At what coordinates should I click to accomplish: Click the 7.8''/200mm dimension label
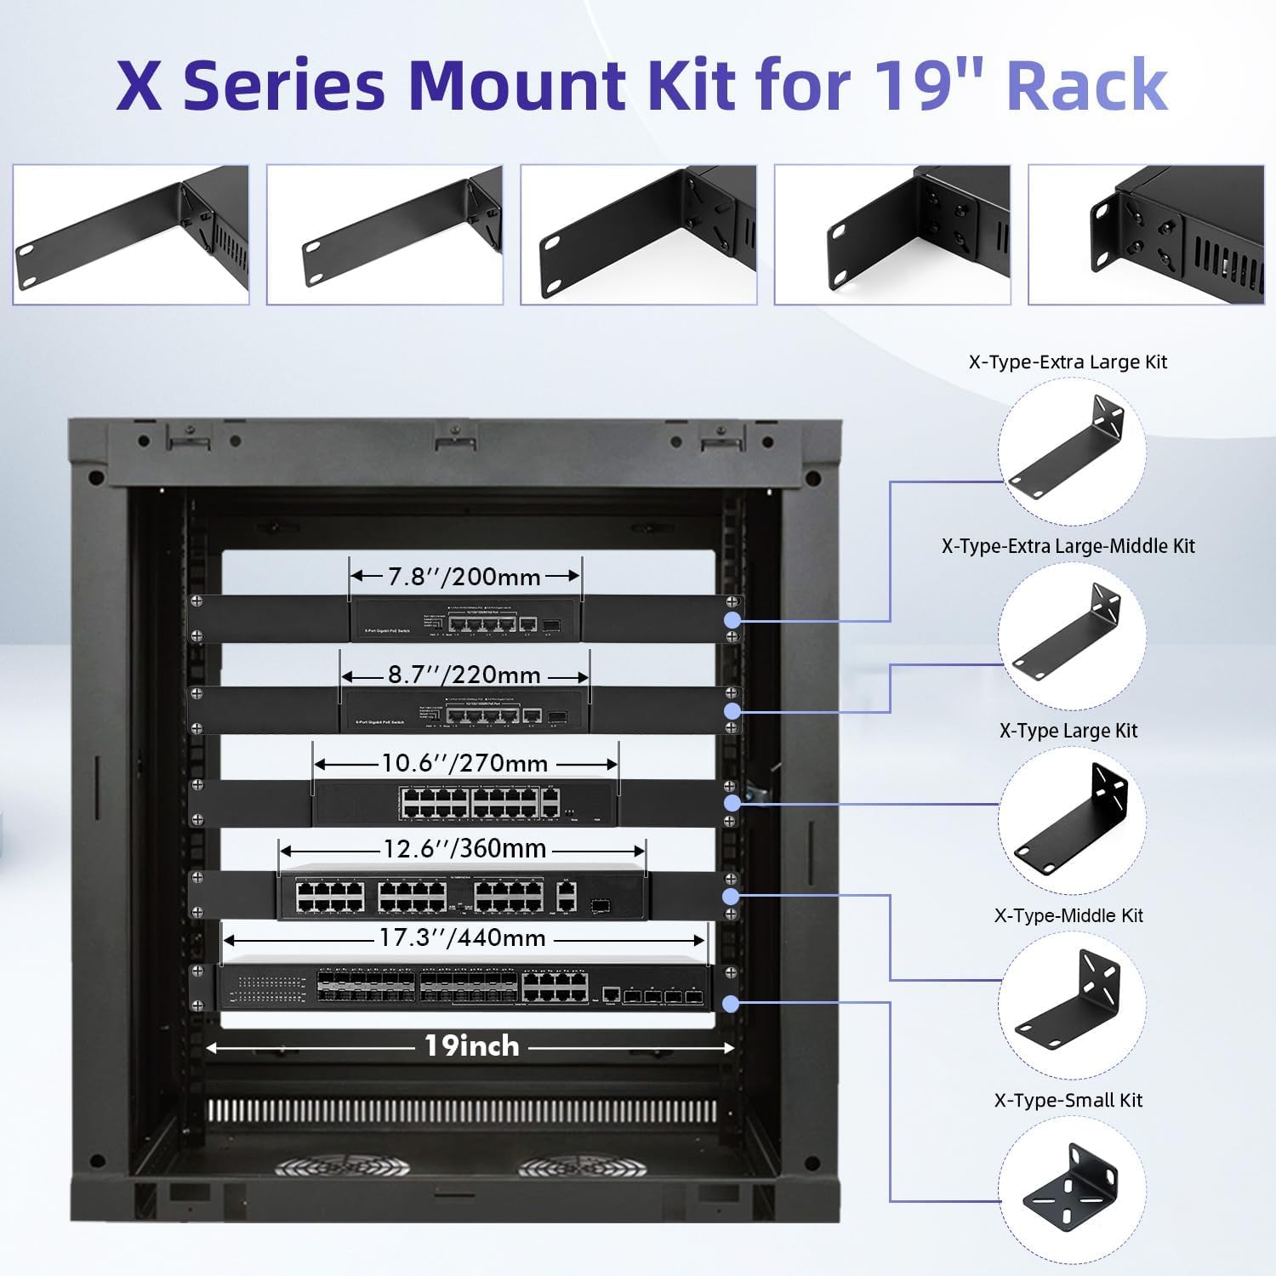tap(464, 577)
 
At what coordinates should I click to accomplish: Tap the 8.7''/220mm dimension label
tap(464, 675)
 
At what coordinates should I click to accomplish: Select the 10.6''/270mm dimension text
tap(464, 763)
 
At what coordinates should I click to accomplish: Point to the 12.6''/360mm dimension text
tap(463, 849)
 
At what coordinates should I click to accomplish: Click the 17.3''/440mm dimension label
tap(463, 938)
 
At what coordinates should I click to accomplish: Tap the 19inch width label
tap(471, 1046)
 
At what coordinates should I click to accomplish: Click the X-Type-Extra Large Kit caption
tap(1068, 362)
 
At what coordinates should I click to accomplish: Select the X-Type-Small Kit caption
tap(1068, 1100)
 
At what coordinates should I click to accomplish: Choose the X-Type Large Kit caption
tap(1068, 731)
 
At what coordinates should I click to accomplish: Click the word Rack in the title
tap(1086, 85)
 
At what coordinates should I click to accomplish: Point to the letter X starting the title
tap(139, 85)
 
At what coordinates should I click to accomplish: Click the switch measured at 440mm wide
tap(464, 988)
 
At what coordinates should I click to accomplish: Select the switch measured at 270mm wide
tap(464, 803)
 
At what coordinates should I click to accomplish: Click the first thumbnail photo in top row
tap(131, 235)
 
